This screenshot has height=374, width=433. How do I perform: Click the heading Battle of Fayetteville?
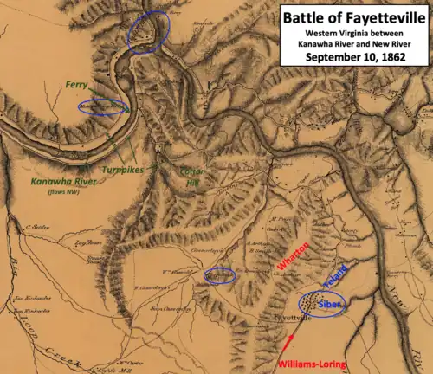354,16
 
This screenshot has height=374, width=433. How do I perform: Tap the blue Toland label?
334,280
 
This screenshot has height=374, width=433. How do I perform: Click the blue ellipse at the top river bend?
148,30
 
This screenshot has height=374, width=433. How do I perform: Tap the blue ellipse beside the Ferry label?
102,108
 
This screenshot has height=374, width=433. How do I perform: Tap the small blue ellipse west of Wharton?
219,275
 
